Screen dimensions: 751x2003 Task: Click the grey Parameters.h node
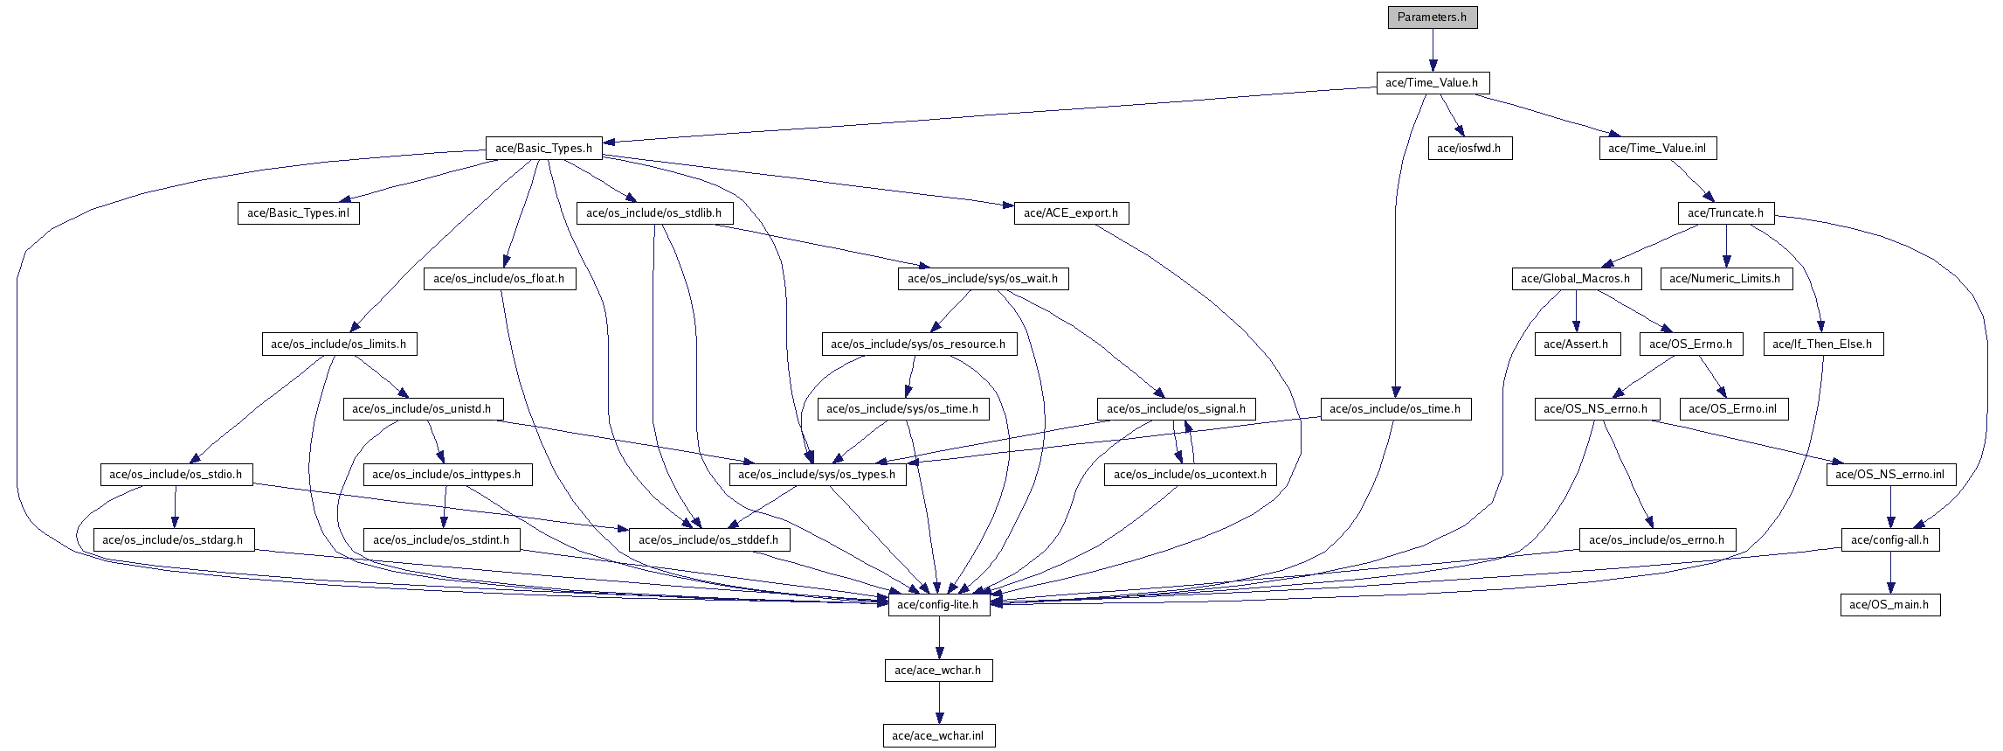pyautogui.click(x=1433, y=17)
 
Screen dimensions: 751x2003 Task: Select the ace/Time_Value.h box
pyautogui.click(x=1432, y=83)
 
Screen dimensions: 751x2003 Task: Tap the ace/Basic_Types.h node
pyautogui.click(x=543, y=149)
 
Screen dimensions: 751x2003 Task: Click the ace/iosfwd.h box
pyautogui.click(x=1469, y=149)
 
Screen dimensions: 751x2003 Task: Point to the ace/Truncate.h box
pyautogui.click(x=1725, y=213)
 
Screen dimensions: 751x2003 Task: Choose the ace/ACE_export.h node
pyautogui.click(x=1071, y=213)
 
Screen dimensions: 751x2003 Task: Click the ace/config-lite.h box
pyautogui.click(x=939, y=605)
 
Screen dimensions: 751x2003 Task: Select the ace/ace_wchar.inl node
pyautogui.click(x=938, y=736)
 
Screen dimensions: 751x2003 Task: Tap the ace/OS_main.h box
pyautogui.click(x=1889, y=605)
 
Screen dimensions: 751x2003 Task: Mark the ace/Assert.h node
pyautogui.click(x=1576, y=344)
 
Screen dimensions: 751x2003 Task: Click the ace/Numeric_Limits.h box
pyautogui.click(x=1725, y=279)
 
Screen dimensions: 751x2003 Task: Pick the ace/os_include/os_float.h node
pyautogui.click(x=499, y=279)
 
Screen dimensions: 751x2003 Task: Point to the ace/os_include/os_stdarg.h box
pyautogui.click(x=173, y=540)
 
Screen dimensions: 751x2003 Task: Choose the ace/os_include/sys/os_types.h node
pyautogui.click(x=817, y=475)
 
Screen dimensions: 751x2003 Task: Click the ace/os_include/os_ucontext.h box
pyautogui.click(x=1190, y=475)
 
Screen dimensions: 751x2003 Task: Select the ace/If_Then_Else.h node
pyautogui.click(x=1822, y=344)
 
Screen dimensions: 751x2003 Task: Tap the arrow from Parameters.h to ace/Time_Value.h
pyautogui.click(x=1433, y=50)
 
